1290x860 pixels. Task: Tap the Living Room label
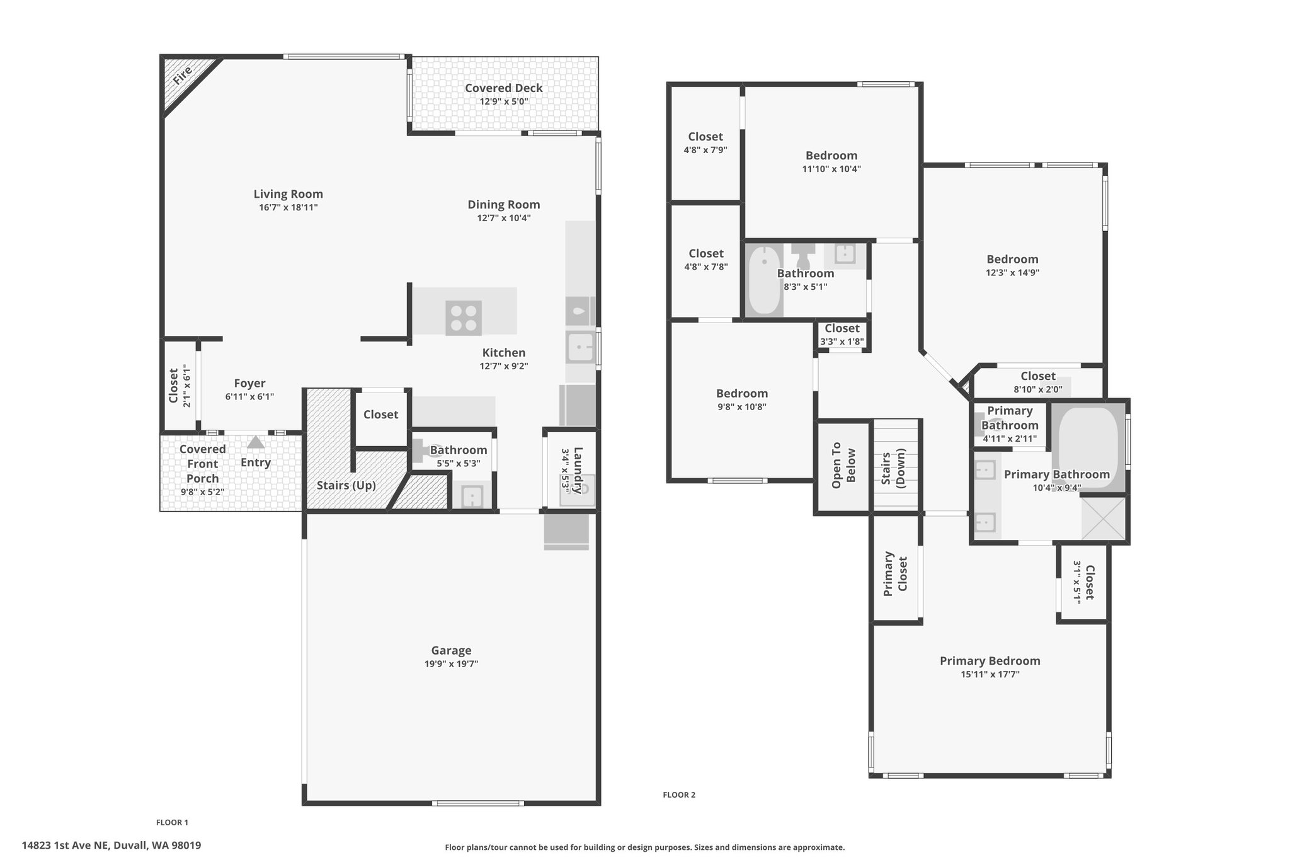pos(288,194)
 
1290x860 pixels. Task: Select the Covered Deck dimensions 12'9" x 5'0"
pos(504,101)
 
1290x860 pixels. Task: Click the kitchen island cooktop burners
pos(464,318)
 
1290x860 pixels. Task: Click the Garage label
pos(451,650)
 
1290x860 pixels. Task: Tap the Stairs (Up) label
pos(346,485)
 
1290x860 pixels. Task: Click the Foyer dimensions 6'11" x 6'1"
pos(249,397)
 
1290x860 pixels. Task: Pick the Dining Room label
pos(504,204)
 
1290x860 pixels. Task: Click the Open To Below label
pos(843,465)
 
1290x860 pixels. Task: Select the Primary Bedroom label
pos(990,660)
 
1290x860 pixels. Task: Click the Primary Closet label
pos(896,574)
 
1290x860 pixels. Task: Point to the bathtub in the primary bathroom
pos(1088,448)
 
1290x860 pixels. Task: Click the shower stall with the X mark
pos(1103,519)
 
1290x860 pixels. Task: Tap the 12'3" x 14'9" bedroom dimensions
pos(1013,273)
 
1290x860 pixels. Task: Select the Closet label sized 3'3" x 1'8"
pos(842,328)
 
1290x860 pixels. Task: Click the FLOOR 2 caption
pos(679,794)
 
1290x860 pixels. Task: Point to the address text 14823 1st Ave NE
pos(66,846)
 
